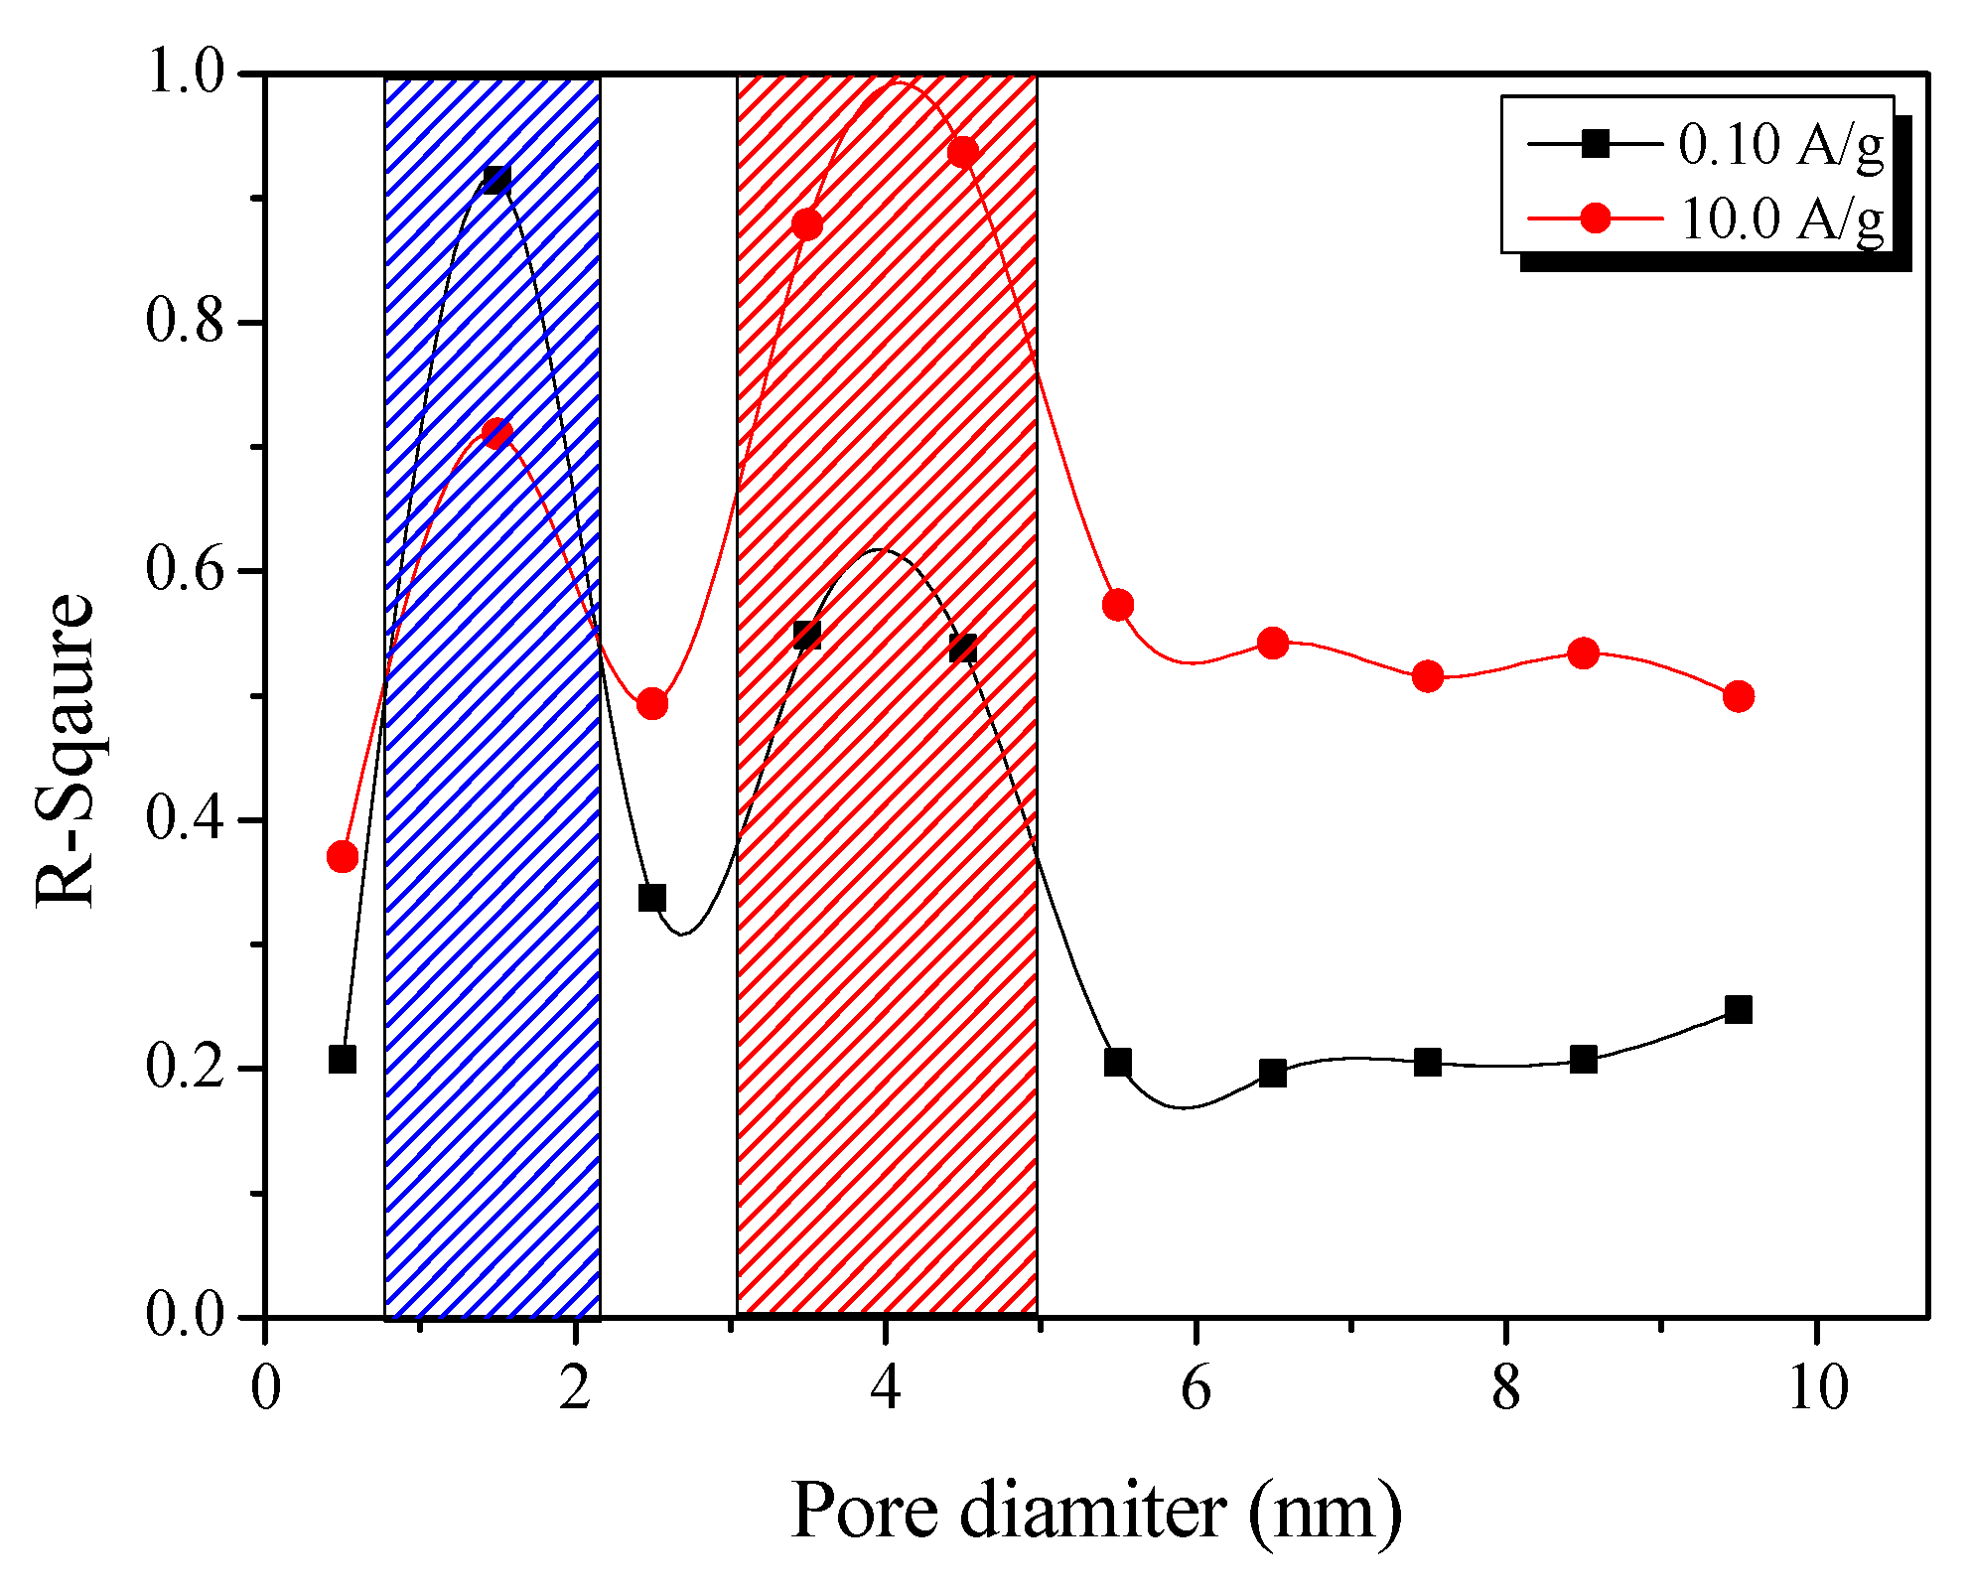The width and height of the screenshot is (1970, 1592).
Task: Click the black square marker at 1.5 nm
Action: point(496,180)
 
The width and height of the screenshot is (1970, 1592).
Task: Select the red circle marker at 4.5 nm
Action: point(962,152)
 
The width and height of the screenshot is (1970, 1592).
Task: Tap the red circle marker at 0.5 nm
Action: point(342,857)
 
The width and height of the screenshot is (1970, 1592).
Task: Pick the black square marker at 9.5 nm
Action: point(1738,1010)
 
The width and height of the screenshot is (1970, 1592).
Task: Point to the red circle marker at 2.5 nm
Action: point(651,704)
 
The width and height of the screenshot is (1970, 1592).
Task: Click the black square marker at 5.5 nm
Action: point(1117,1063)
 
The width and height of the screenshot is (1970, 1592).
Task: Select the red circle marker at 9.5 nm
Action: point(1738,696)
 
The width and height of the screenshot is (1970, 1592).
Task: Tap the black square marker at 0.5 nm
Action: point(342,1060)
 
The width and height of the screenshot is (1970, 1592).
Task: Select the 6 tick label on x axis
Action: point(1196,1388)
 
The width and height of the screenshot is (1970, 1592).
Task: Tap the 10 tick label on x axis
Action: point(1817,1388)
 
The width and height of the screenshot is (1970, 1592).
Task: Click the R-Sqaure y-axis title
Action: point(65,750)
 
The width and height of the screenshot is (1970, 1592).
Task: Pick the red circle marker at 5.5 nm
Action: point(1117,605)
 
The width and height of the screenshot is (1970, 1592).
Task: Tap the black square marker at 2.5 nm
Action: point(651,898)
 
